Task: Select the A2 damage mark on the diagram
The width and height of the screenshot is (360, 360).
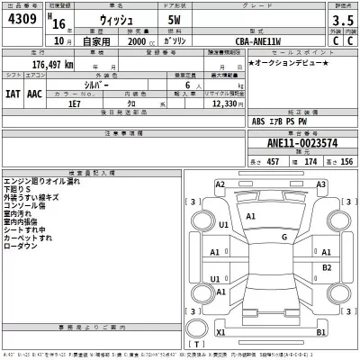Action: point(220,184)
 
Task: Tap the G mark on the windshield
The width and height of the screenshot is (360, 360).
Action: point(283,237)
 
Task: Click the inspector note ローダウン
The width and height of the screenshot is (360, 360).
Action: point(21,246)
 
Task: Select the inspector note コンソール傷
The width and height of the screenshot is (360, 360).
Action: point(29,205)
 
